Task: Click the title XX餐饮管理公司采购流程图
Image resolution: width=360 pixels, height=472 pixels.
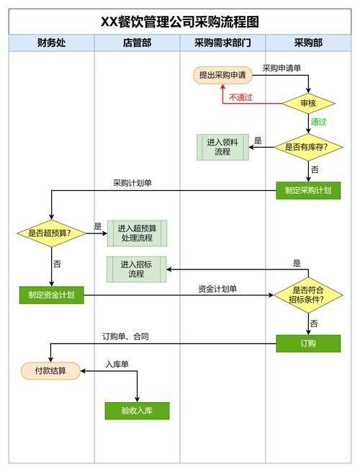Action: [180, 22]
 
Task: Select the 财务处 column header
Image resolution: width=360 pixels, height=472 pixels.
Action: [51, 43]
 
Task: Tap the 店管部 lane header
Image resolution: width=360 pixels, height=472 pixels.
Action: [137, 43]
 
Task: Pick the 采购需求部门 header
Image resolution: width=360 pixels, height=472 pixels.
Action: [222, 43]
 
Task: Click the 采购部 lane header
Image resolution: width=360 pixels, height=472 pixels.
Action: [308, 43]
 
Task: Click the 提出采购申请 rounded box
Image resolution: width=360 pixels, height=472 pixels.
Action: [224, 75]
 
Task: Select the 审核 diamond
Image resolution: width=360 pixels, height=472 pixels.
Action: [308, 103]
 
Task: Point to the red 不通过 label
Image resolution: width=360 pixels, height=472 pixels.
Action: [240, 97]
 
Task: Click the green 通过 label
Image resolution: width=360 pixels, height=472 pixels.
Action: [318, 122]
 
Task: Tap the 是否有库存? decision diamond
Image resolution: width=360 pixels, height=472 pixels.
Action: [308, 147]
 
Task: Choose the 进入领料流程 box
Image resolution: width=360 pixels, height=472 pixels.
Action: [222, 147]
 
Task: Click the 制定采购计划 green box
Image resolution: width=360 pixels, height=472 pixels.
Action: [308, 190]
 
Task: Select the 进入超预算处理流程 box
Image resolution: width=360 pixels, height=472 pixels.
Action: [137, 233]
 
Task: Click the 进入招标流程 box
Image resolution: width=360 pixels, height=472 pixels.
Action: [137, 269]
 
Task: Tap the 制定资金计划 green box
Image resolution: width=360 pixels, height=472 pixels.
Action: [51, 294]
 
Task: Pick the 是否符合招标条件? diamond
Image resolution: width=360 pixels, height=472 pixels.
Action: [308, 294]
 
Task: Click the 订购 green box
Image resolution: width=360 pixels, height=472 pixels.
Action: [308, 343]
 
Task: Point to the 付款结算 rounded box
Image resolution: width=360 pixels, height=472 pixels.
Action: [50, 371]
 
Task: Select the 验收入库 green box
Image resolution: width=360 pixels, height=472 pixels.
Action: [137, 411]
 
